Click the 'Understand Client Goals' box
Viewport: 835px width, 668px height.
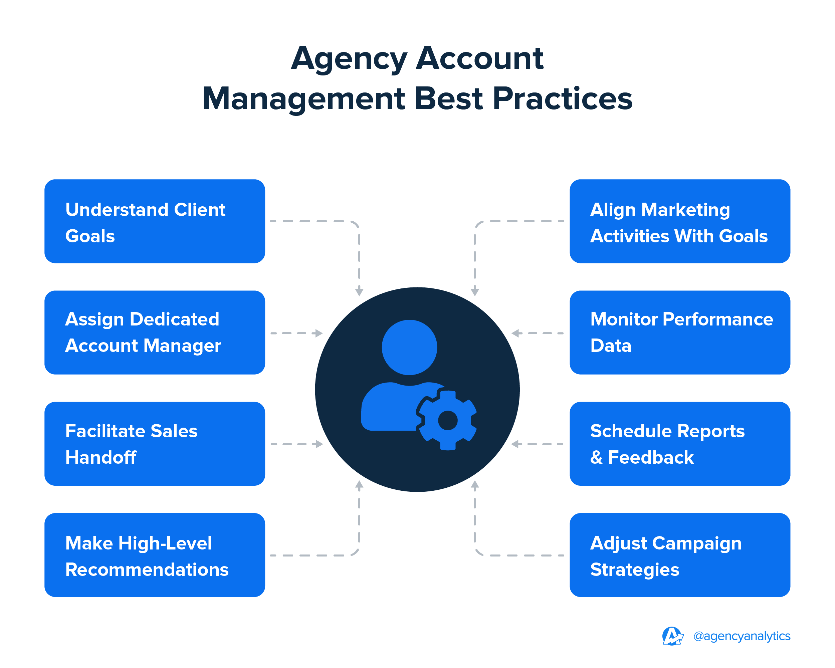155,221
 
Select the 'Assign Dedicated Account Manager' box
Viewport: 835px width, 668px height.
155,332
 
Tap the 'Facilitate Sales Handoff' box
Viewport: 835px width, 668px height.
155,444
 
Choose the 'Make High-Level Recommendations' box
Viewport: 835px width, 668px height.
155,555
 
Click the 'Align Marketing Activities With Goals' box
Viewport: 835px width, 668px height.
680,221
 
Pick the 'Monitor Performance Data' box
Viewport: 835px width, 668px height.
680,332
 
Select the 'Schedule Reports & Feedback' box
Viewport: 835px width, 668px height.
680,444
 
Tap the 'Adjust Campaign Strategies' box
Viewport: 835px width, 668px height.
680,555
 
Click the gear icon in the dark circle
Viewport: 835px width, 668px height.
448,421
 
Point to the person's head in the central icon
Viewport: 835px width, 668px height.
409,348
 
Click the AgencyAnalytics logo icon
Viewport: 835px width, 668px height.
672,636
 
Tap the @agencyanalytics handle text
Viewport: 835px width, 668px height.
742,636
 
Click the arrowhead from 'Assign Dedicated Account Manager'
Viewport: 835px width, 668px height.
319,333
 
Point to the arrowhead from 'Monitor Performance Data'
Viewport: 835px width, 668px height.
515,333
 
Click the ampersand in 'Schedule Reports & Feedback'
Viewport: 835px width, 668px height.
596,457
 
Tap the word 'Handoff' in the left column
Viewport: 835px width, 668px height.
101,457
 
